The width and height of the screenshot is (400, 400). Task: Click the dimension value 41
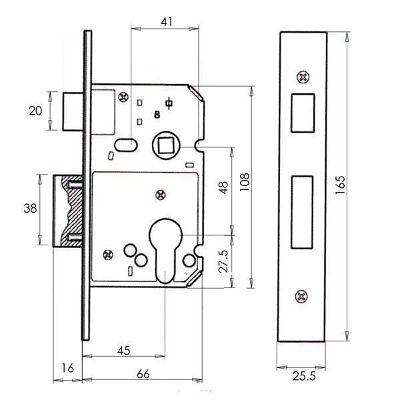click(x=167, y=22)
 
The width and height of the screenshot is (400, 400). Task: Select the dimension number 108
click(x=245, y=182)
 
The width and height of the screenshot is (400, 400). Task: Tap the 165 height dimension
click(x=340, y=185)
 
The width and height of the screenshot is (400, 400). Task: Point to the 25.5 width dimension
click(x=304, y=376)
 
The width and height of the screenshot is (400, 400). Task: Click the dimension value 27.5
click(x=223, y=261)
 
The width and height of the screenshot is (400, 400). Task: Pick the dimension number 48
click(x=223, y=188)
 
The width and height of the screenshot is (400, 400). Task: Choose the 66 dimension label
click(x=143, y=374)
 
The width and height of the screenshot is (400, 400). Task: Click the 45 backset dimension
click(x=124, y=351)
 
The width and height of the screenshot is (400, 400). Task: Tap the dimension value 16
click(x=67, y=368)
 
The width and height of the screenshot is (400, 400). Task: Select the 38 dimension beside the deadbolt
click(x=30, y=208)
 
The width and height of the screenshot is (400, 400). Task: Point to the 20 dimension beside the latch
click(x=35, y=111)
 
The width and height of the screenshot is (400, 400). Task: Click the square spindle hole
click(x=165, y=145)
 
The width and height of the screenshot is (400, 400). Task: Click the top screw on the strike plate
click(x=303, y=77)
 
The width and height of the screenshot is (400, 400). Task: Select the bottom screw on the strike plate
click(x=301, y=297)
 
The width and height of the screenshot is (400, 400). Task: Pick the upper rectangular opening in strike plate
click(x=303, y=113)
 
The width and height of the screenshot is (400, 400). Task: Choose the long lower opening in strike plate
click(x=302, y=212)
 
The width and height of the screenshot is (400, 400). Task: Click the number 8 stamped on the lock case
click(x=157, y=115)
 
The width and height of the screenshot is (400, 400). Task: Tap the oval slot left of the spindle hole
click(x=126, y=145)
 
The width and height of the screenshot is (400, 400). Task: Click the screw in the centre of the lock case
click(x=161, y=195)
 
